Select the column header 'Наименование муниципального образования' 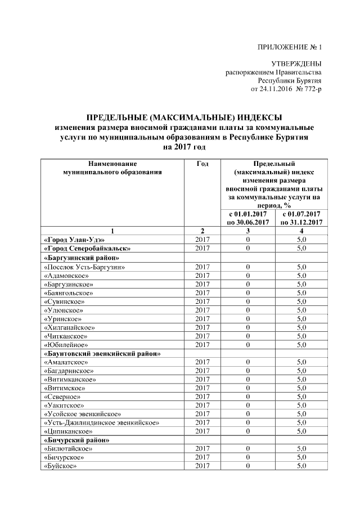(112, 168)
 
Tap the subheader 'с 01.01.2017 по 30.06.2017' (247, 218)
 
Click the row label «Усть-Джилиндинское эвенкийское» (101, 422)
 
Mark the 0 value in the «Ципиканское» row (247, 431)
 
